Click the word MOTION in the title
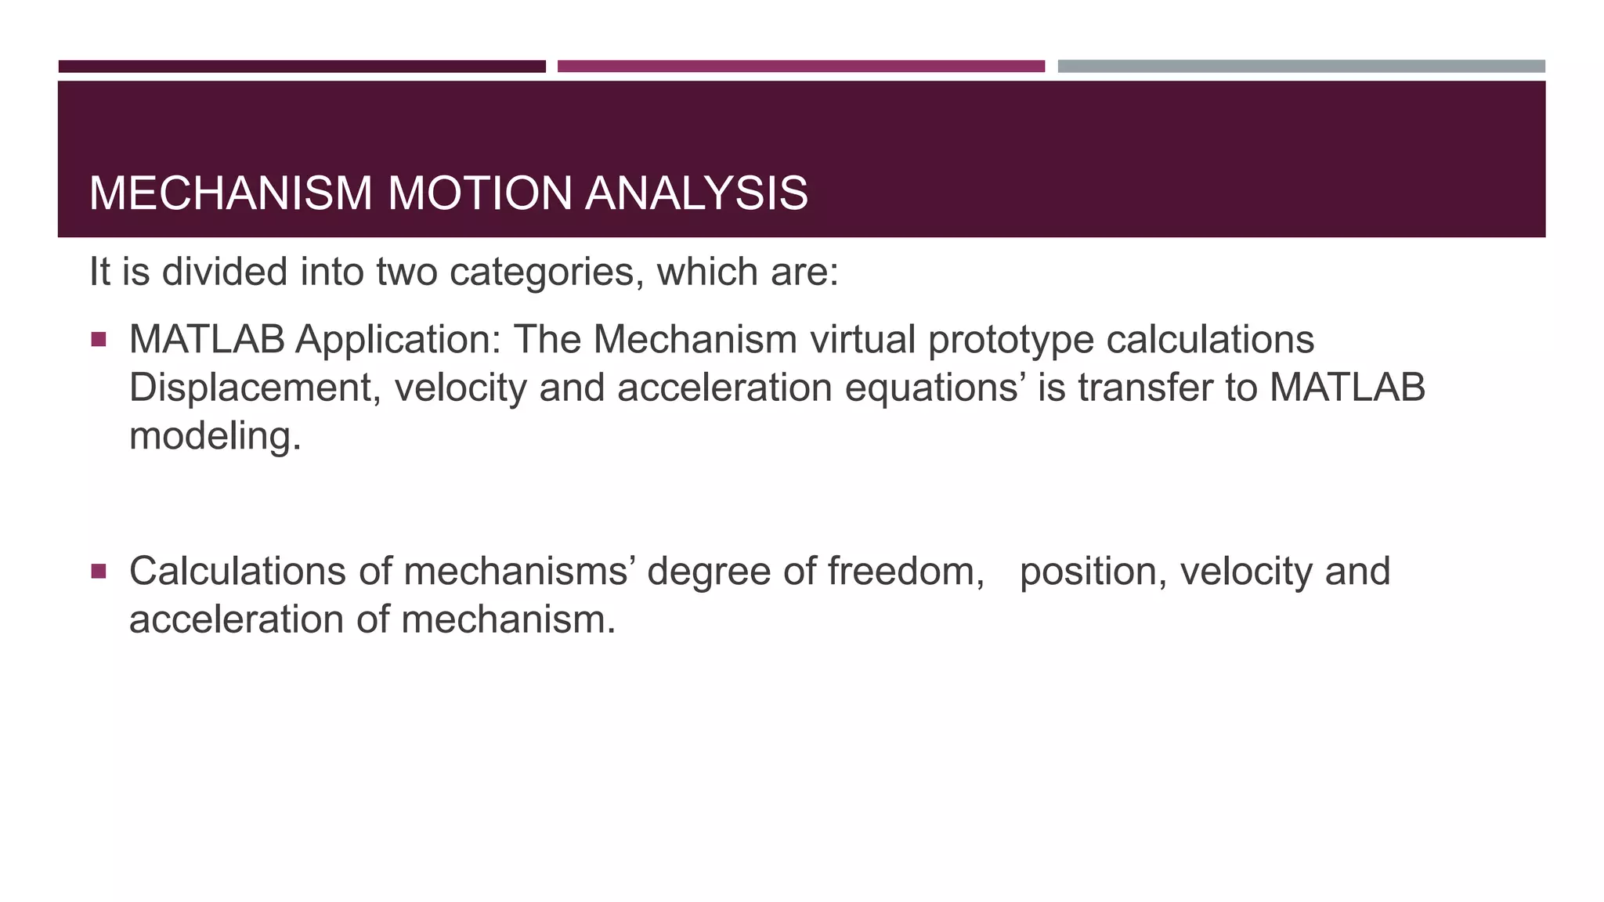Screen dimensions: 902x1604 [x=479, y=193]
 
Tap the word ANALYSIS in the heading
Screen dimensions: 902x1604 [x=696, y=193]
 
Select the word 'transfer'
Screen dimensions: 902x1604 [x=1151, y=388]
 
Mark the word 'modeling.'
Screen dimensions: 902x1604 [x=215, y=436]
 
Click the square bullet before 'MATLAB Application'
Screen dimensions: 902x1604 [x=99, y=340]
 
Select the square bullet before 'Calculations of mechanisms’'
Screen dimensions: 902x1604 [x=99, y=572]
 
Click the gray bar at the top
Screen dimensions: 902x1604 [x=1301, y=67]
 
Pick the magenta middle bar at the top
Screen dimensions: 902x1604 [x=800, y=67]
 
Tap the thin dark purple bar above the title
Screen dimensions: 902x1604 [x=302, y=67]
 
